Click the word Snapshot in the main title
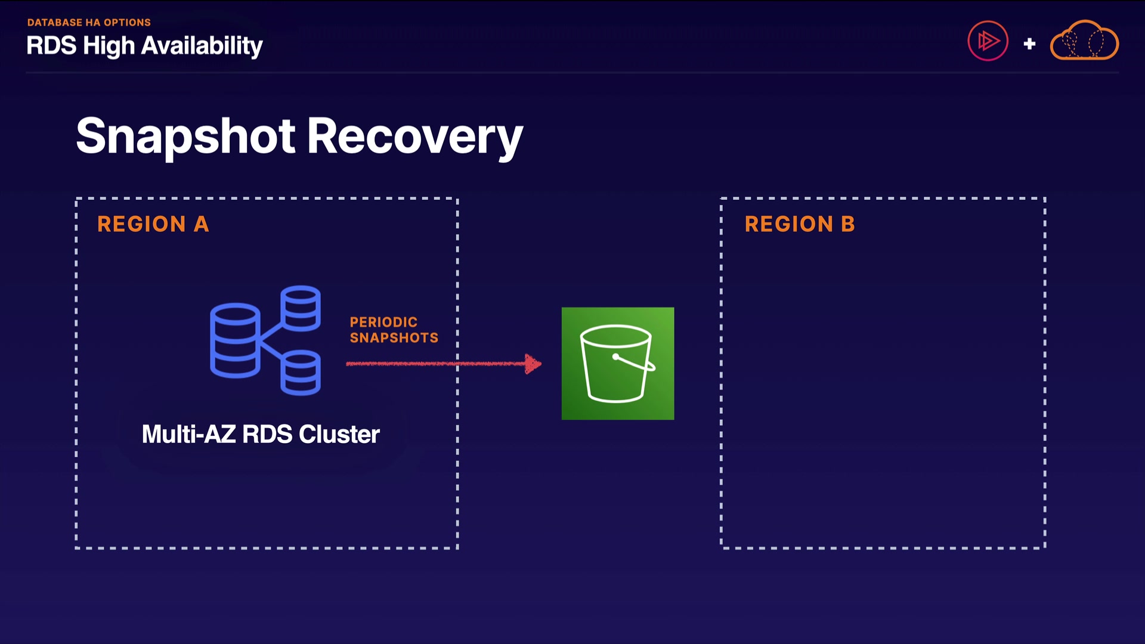185,136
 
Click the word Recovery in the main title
414,136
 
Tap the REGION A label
153,224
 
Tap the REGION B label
800,224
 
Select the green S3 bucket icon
618,363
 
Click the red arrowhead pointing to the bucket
533,364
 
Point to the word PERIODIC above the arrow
383,322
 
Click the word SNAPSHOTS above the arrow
394,338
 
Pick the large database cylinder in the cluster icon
235,340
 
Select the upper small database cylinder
301,308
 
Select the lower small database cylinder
301,373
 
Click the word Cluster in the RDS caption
339,434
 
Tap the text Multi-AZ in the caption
188,434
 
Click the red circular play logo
988,41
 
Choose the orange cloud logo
1084,41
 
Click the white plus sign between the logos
1029,44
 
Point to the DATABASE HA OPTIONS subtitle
89,23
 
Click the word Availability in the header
202,46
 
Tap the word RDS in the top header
51,46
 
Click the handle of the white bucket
635,363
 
